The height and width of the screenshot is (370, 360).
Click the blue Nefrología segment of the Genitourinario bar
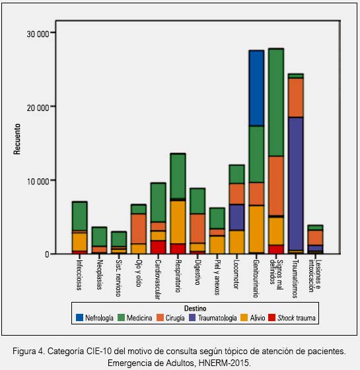coord(256,88)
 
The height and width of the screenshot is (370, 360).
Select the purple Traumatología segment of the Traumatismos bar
coord(296,184)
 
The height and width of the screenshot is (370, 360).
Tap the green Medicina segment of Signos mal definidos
coord(276,102)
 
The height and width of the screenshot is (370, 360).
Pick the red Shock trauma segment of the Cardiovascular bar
coord(158,247)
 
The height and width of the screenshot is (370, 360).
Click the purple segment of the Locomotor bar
coord(237,217)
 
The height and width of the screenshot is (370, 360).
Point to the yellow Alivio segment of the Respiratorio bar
coord(178,222)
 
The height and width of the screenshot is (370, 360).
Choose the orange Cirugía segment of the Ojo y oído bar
coord(139,229)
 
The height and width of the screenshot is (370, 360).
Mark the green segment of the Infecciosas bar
coord(79,216)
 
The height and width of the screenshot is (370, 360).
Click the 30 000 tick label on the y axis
coord(38,34)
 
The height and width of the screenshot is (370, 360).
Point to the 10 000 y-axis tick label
coord(38,182)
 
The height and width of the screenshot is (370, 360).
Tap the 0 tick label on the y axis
coord(47,254)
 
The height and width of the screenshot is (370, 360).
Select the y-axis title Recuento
coord(17,139)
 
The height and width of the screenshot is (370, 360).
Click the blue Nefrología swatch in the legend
coord(79,317)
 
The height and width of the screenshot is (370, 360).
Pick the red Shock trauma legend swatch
coord(272,317)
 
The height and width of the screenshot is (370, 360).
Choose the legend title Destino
coord(195,308)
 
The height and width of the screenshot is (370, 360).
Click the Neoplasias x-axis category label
coord(100,275)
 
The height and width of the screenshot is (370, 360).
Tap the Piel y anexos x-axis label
coord(217,277)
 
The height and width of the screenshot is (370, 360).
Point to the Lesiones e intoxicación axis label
coord(314,276)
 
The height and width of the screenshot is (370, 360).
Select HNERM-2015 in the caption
coord(224,362)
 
